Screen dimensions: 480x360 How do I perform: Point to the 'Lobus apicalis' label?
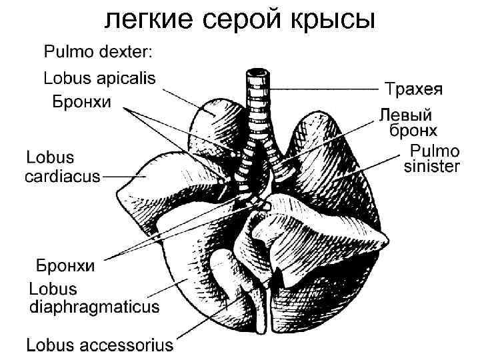99,79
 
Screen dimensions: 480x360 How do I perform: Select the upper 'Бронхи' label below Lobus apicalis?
82,101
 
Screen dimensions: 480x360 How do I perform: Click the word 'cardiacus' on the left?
63,177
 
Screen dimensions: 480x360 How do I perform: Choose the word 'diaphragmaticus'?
94,307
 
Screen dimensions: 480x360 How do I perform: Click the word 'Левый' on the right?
406,114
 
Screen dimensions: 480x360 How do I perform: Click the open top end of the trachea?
255,70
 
